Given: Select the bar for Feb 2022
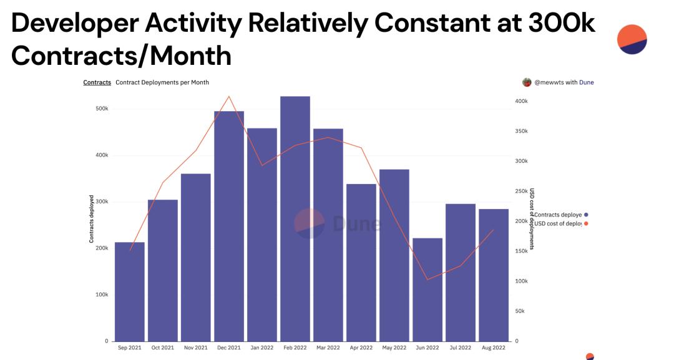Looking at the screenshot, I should pyautogui.click(x=295, y=218).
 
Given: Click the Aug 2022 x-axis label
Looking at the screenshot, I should pyautogui.click(x=493, y=348).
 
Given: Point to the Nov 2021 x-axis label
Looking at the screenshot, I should pyautogui.click(x=196, y=348).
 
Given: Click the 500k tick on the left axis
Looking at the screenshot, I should pyautogui.click(x=100, y=109).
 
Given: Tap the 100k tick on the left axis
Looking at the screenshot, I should pyautogui.click(x=100, y=294).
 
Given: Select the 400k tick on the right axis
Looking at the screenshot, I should pyautogui.click(x=521, y=101).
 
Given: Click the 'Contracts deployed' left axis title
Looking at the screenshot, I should pyautogui.click(x=92, y=218).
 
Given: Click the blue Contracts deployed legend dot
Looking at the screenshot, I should pyautogui.click(x=586, y=215).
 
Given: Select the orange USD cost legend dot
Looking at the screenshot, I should pyautogui.click(x=586, y=223).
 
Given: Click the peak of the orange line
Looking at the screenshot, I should pyautogui.click(x=229, y=97).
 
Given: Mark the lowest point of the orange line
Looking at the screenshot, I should pyautogui.click(x=427, y=279).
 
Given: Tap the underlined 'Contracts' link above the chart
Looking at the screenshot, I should pyautogui.click(x=97, y=82).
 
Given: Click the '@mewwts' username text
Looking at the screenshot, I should pyautogui.click(x=548, y=82).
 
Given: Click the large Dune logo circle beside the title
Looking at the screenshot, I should pyautogui.click(x=632, y=39).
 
